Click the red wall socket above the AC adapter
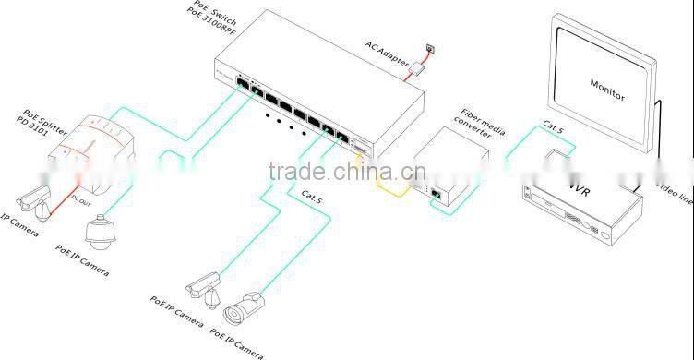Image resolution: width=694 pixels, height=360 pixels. coord(426,46)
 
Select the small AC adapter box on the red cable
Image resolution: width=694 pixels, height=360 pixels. coord(417,67)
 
